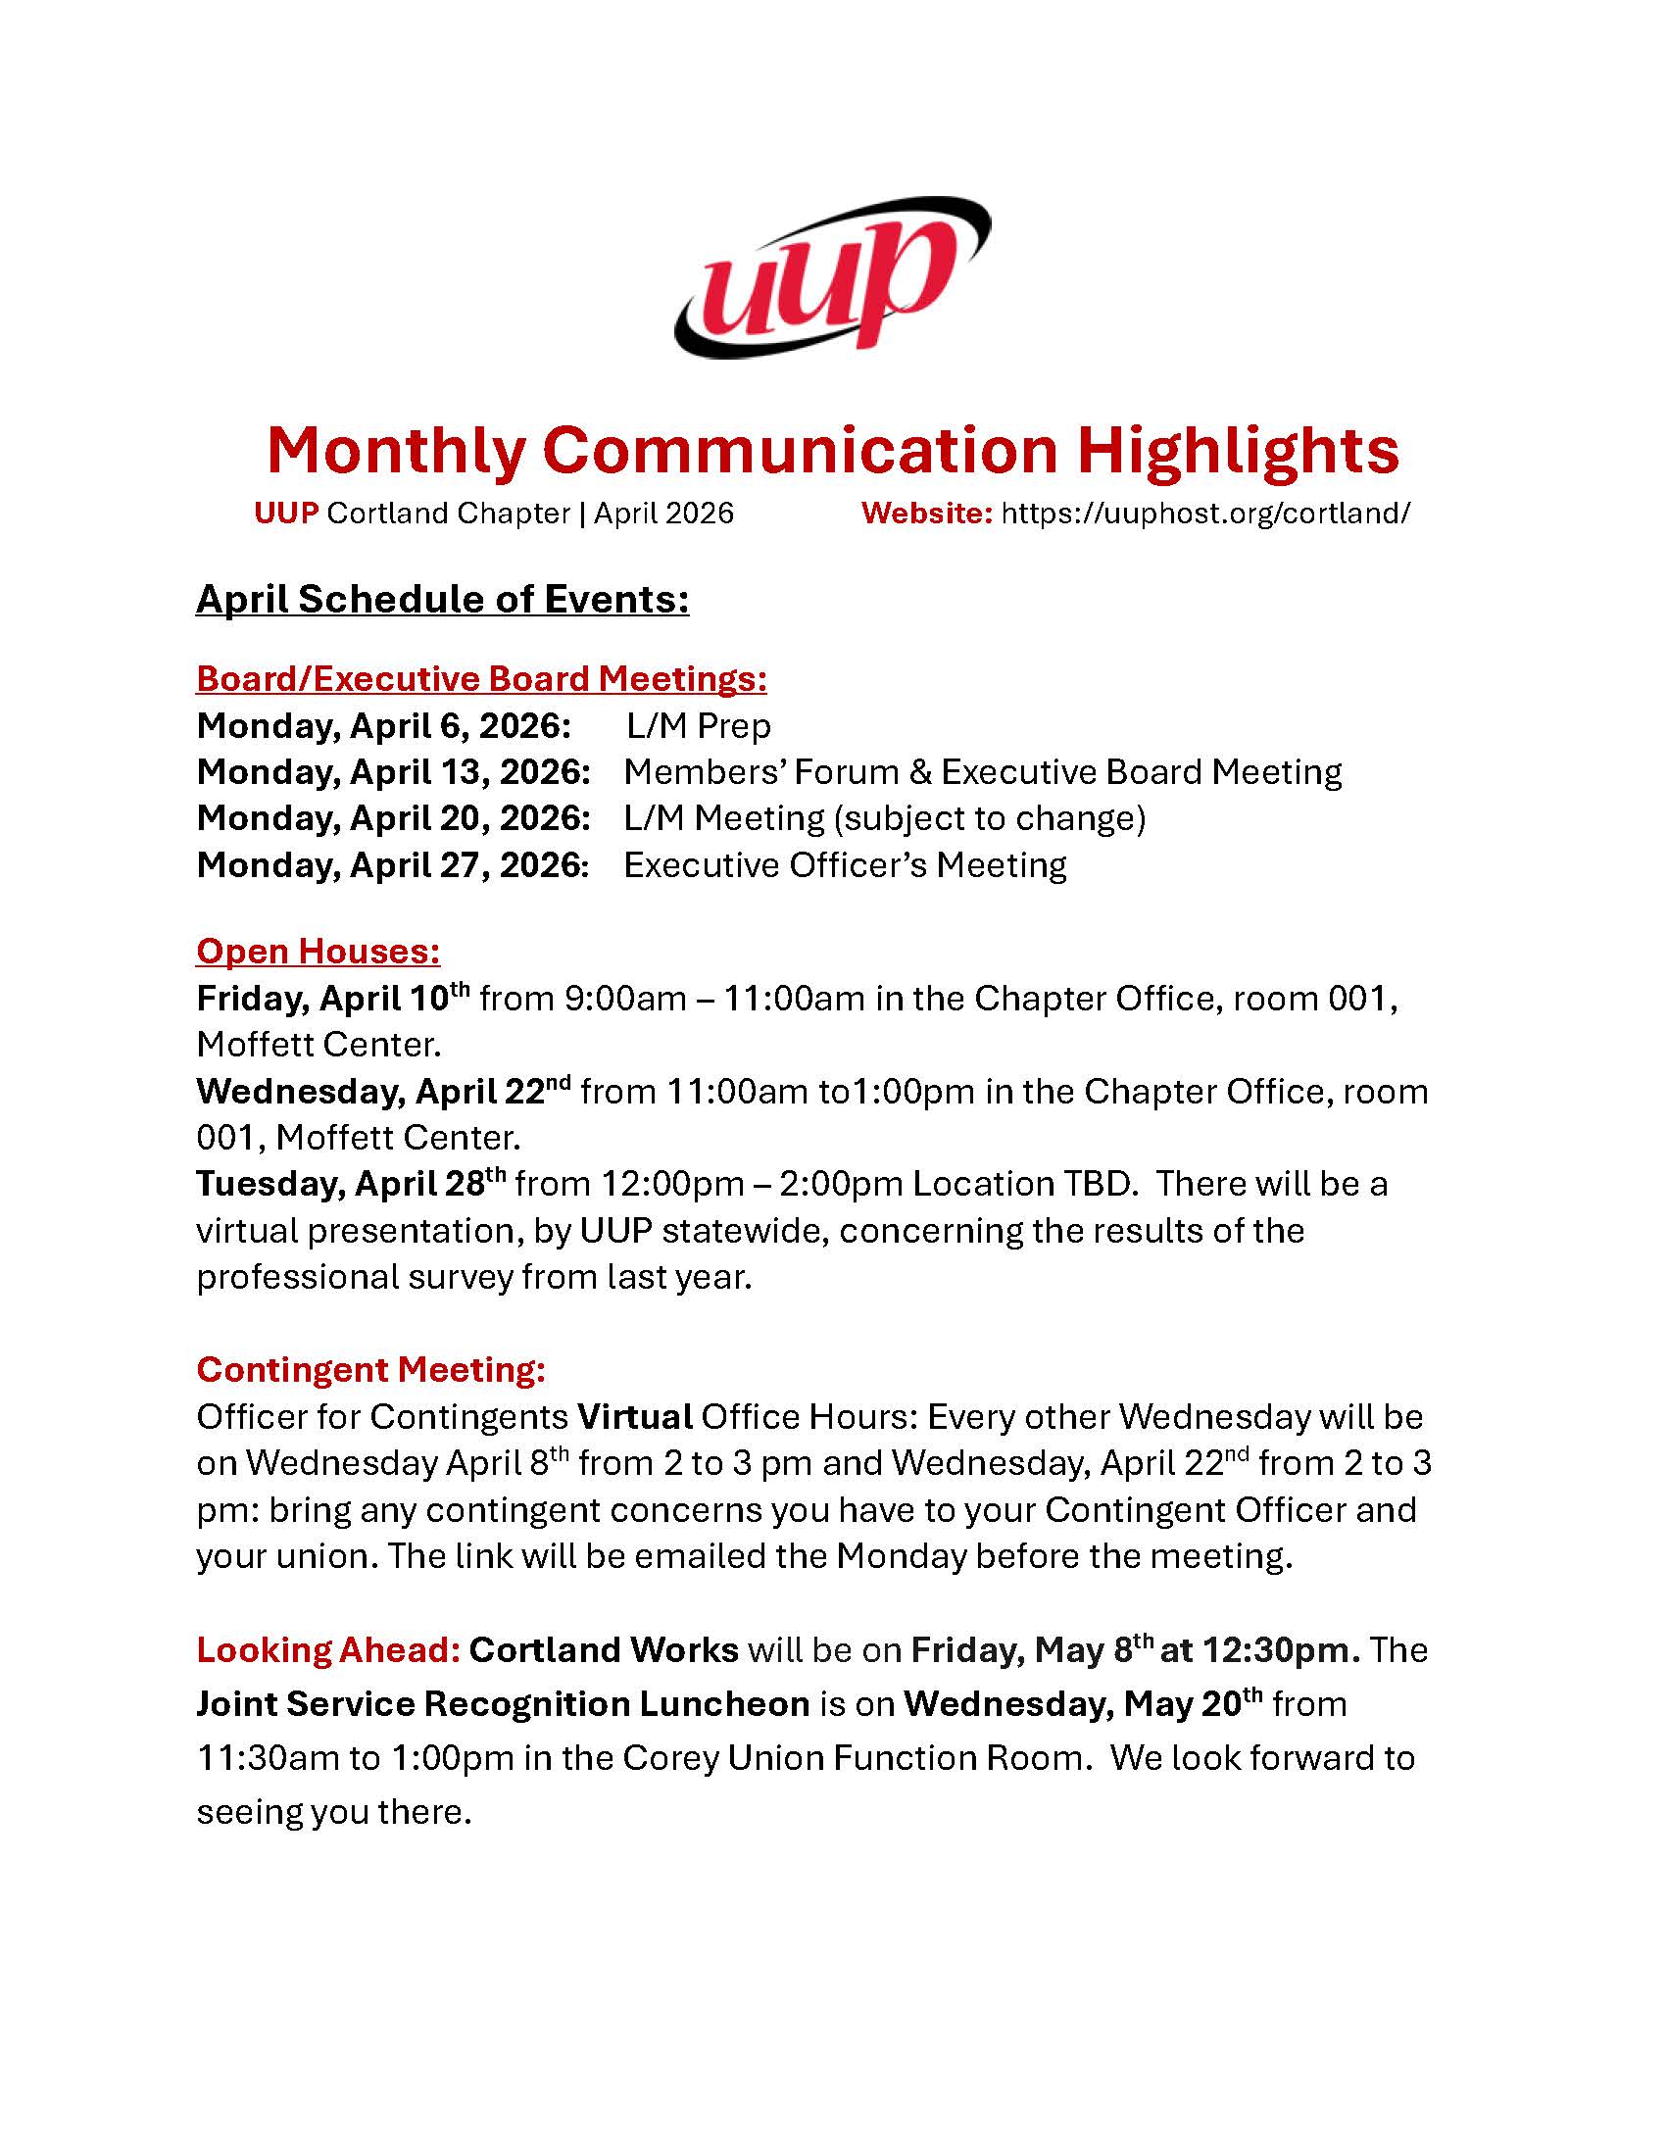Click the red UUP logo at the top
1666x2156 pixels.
(832, 277)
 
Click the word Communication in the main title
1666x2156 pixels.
(800, 450)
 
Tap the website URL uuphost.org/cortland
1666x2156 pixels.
(1205, 513)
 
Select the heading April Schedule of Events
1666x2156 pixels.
(442, 599)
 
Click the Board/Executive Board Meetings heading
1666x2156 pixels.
(481, 678)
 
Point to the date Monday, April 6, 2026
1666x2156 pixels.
(384, 725)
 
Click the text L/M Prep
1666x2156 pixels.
(699, 725)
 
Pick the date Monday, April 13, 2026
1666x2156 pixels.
(394, 772)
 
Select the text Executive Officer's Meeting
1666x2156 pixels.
(845, 864)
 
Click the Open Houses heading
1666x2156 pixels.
(318, 951)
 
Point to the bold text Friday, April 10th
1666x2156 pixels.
(333, 998)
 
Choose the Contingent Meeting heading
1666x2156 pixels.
(371, 1369)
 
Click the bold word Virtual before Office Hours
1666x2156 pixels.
(635, 1417)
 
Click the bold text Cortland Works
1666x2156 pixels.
(603, 1649)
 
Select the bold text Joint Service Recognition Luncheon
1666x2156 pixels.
(503, 1704)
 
